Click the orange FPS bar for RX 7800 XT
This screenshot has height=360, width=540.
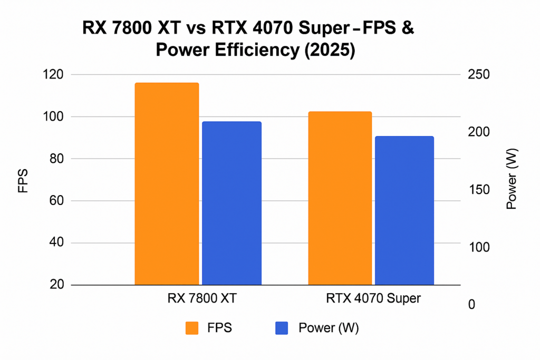(x=167, y=184)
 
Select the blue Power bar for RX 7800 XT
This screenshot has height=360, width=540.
(x=232, y=203)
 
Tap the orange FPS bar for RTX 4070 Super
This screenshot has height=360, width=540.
(x=340, y=198)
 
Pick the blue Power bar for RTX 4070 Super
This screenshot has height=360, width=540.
(x=404, y=211)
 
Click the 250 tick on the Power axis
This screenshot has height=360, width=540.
(x=478, y=74)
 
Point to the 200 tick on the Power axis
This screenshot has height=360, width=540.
(x=478, y=132)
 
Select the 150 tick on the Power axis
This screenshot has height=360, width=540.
(x=478, y=189)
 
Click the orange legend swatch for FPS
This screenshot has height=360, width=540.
(x=192, y=328)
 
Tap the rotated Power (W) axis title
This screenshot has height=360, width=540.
(x=512, y=179)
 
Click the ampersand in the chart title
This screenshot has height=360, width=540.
(x=407, y=30)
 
